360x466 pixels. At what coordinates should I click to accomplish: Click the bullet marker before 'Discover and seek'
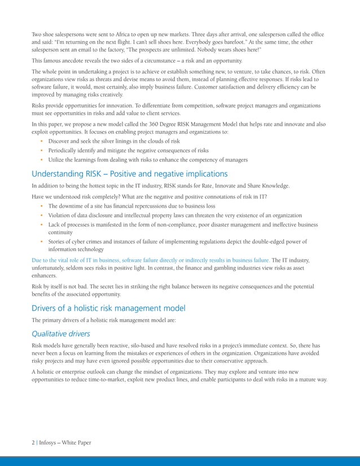tap(42, 140)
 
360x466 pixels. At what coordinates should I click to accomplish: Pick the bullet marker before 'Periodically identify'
tap(42, 150)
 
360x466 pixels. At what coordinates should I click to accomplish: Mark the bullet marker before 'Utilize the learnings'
tap(42, 160)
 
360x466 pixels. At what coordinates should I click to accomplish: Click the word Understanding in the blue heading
tap(59, 174)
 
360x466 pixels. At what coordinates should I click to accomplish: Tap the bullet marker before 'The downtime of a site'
tap(42, 206)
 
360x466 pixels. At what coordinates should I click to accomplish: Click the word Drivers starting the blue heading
tap(45, 308)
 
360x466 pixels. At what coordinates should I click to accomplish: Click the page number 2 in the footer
tap(33, 442)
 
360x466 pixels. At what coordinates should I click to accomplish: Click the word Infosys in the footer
tap(50, 442)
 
